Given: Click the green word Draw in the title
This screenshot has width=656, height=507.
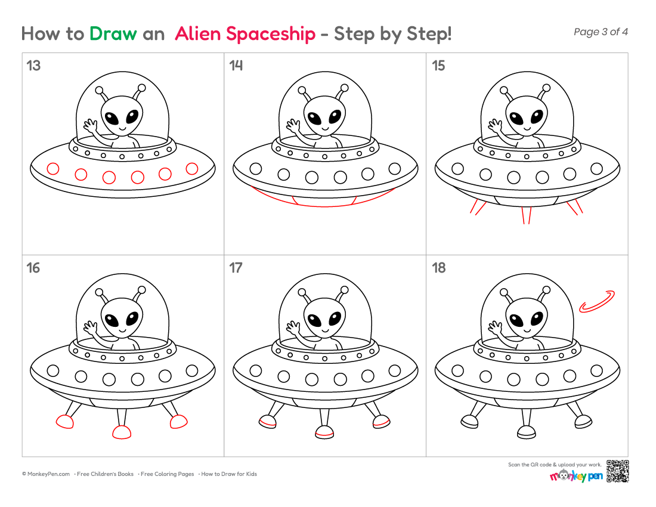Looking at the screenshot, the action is [113, 33].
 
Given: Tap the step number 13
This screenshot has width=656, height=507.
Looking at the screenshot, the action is [33, 66].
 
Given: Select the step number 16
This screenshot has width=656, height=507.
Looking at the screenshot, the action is [33, 268].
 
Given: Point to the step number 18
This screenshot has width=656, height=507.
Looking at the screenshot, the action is [439, 268].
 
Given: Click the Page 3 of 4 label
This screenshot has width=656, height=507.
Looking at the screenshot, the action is [601, 32].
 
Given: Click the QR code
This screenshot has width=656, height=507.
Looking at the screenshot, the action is [617, 471].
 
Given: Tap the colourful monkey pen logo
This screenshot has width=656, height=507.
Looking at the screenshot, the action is [576, 476].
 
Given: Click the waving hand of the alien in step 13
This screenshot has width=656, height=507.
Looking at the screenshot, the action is [91, 124].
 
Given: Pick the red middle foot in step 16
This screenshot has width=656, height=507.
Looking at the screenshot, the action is [122, 432].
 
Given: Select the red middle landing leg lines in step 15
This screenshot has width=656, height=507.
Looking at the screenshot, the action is [527, 215].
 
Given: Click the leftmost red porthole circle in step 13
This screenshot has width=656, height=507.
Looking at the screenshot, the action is [52, 169].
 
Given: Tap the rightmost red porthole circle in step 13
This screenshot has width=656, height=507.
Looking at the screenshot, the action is [192, 169].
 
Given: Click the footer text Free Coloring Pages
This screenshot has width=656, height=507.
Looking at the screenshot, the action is [168, 474].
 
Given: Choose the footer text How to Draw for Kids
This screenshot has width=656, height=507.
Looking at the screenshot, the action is [229, 474].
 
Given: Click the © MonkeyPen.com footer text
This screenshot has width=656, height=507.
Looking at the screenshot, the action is [46, 474].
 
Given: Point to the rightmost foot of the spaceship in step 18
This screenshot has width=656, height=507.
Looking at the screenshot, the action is [584, 422].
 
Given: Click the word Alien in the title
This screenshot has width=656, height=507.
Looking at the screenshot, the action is [198, 33].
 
